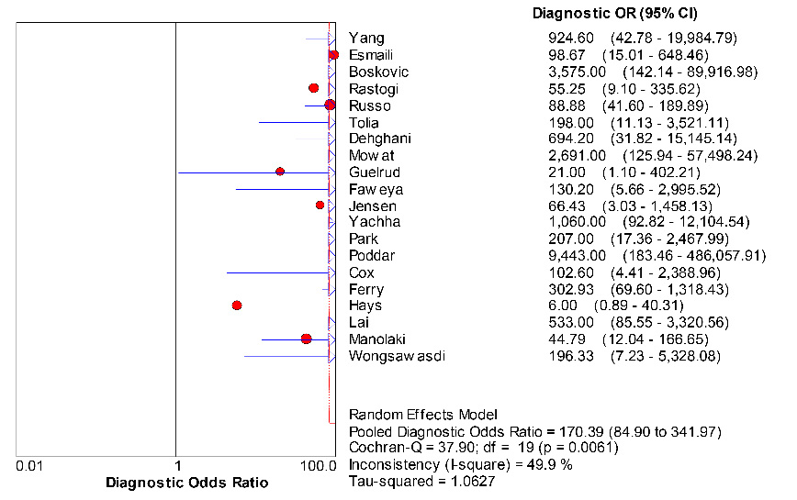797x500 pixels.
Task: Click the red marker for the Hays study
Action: point(237,305)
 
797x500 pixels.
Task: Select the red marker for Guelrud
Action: point(280,172)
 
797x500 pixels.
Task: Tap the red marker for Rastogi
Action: point(313,88)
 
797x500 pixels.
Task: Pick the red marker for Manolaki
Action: point(307,339)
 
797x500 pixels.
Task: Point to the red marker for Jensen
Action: point(320,206)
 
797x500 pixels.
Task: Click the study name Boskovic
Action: point(378,72)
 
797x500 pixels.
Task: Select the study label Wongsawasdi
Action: point(397,356)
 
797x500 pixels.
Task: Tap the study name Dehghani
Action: point(379,139)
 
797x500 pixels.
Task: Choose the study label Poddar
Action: point(372,255)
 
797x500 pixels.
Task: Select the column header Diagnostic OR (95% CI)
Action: point(614,14)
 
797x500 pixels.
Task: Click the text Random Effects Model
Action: point(422,415)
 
